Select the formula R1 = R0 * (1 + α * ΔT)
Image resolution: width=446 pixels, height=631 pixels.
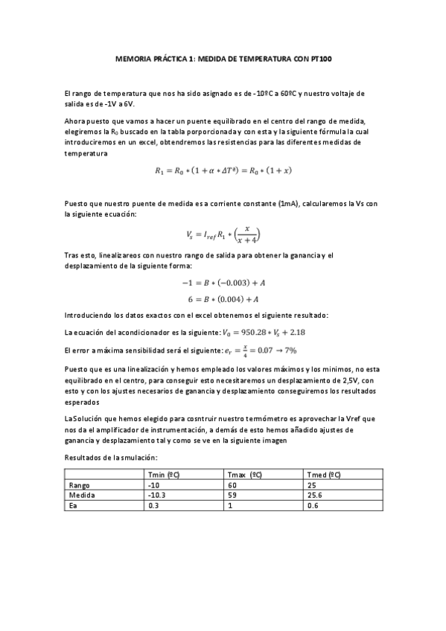coord(223,170)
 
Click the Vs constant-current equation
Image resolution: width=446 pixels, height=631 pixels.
coord(223,234)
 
